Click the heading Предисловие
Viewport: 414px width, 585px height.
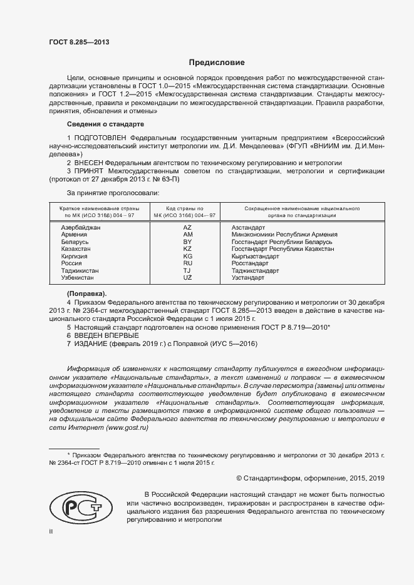click(x=217, y=63)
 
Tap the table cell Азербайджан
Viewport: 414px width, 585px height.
click(x=80, y=227)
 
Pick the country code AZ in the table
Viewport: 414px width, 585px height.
click(x=187, y=227)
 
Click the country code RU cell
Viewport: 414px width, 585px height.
click(x=187, y=263)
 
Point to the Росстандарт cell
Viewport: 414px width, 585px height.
click(x=251, y=263)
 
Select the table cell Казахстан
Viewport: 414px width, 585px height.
click(x=76, y=249)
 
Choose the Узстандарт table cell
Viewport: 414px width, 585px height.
click(x=248, y=277)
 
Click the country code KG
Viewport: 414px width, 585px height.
click(x=187, y=256)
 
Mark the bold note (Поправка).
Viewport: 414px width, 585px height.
click(x=86, y=293)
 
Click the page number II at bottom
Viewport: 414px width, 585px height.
click(x=51, y=531)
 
